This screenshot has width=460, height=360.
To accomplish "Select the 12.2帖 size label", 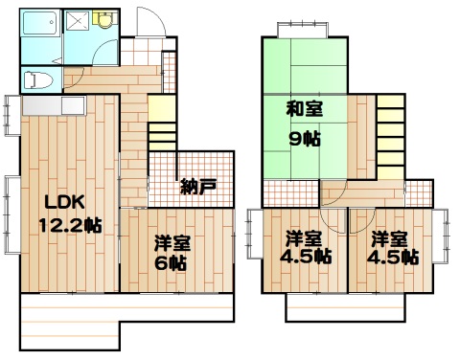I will pos(70,226).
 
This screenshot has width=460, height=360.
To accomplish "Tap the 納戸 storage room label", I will pos(197,187).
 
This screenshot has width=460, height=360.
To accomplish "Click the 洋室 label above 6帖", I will pos(174,239).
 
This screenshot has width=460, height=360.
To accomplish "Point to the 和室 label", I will pos(305,108).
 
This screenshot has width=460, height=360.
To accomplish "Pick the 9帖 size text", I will pos(306,137).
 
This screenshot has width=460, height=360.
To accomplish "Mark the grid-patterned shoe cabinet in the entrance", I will pos(171,71).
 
